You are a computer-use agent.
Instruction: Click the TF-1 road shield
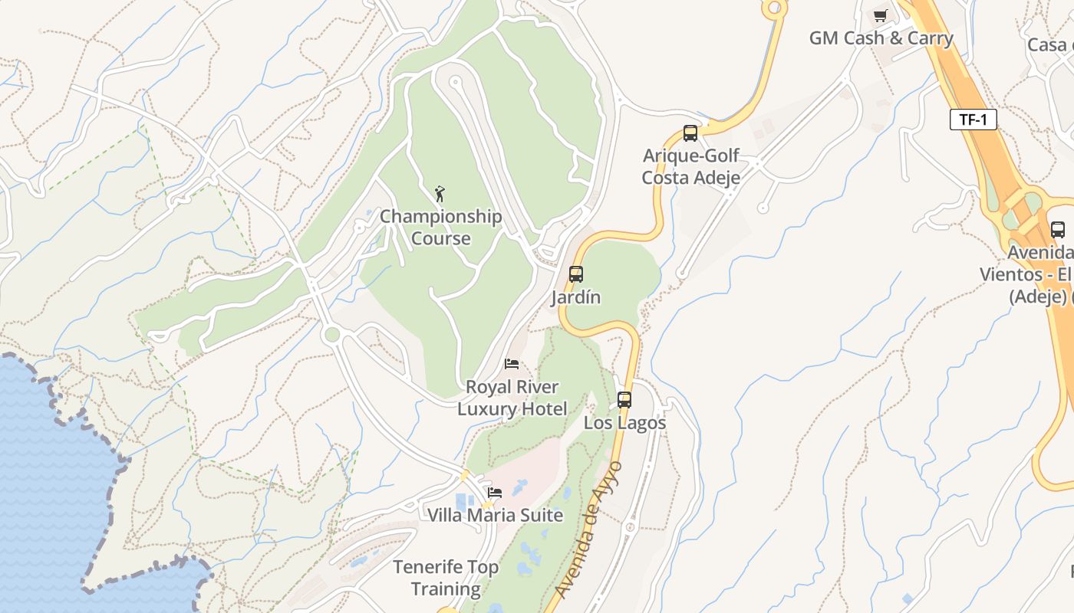coord(973,120)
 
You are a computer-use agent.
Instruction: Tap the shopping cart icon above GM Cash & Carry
coord(880,15)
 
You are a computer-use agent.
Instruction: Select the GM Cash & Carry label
coord(881,38)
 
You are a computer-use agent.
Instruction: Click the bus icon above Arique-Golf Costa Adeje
coord(690,133)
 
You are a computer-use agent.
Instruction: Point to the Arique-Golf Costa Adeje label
coord(690,166)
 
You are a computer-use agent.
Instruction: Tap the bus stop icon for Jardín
coord(575,274)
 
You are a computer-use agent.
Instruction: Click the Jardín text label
coord(575,297)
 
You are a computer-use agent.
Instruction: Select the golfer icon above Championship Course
coord(440,194)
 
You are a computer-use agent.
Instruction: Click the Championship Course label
coord(440,227)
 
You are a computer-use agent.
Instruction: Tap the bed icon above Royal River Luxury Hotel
coord(512,364)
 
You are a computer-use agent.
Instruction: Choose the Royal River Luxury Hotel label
coord(512,398)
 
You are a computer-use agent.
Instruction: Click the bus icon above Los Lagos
coord(624,399)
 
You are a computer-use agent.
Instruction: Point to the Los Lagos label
coord(624,423)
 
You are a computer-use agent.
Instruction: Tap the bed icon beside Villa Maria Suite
coord(495,492)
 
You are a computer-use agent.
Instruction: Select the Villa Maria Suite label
coord(495,515)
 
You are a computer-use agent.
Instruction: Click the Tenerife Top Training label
coord(446,578)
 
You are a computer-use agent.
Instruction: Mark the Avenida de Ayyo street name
coord(588,529)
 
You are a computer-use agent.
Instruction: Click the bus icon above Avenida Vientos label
coord(1057,229)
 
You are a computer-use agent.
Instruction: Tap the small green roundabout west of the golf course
coord(331,334)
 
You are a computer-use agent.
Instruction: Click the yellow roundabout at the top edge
coord(773,8)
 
